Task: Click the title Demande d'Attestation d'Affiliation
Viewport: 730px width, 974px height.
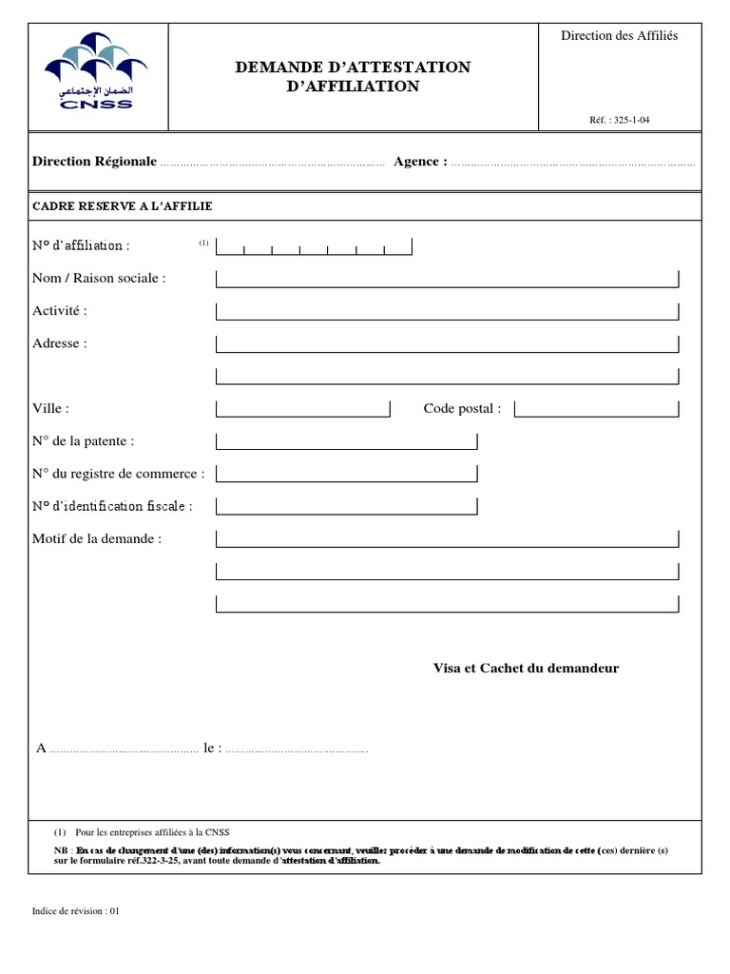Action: tap(353, 76)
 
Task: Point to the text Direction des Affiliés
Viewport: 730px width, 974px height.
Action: tap(619, 35)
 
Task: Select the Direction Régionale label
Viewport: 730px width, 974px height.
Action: tap(94, 162)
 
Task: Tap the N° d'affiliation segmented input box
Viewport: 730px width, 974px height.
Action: tap(315, 247)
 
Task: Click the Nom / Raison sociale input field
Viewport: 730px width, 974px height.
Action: tap(448, 279)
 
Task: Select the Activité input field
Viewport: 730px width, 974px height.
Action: tap(448, 312)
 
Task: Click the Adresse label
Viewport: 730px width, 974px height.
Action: tap(60, 343)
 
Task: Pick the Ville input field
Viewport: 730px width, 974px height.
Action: tap(303, 409)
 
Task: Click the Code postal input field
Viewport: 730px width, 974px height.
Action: tap(597, 409)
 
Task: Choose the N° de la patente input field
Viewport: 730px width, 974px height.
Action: tap(347, 441)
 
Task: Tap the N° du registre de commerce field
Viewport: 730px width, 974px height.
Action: tap(347, 474)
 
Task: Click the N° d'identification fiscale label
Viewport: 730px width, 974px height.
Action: tap(112, 506)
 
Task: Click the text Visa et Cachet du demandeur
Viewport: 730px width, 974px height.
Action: tap(526, 668)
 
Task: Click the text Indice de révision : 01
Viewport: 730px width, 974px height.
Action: tap(76, 910)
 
